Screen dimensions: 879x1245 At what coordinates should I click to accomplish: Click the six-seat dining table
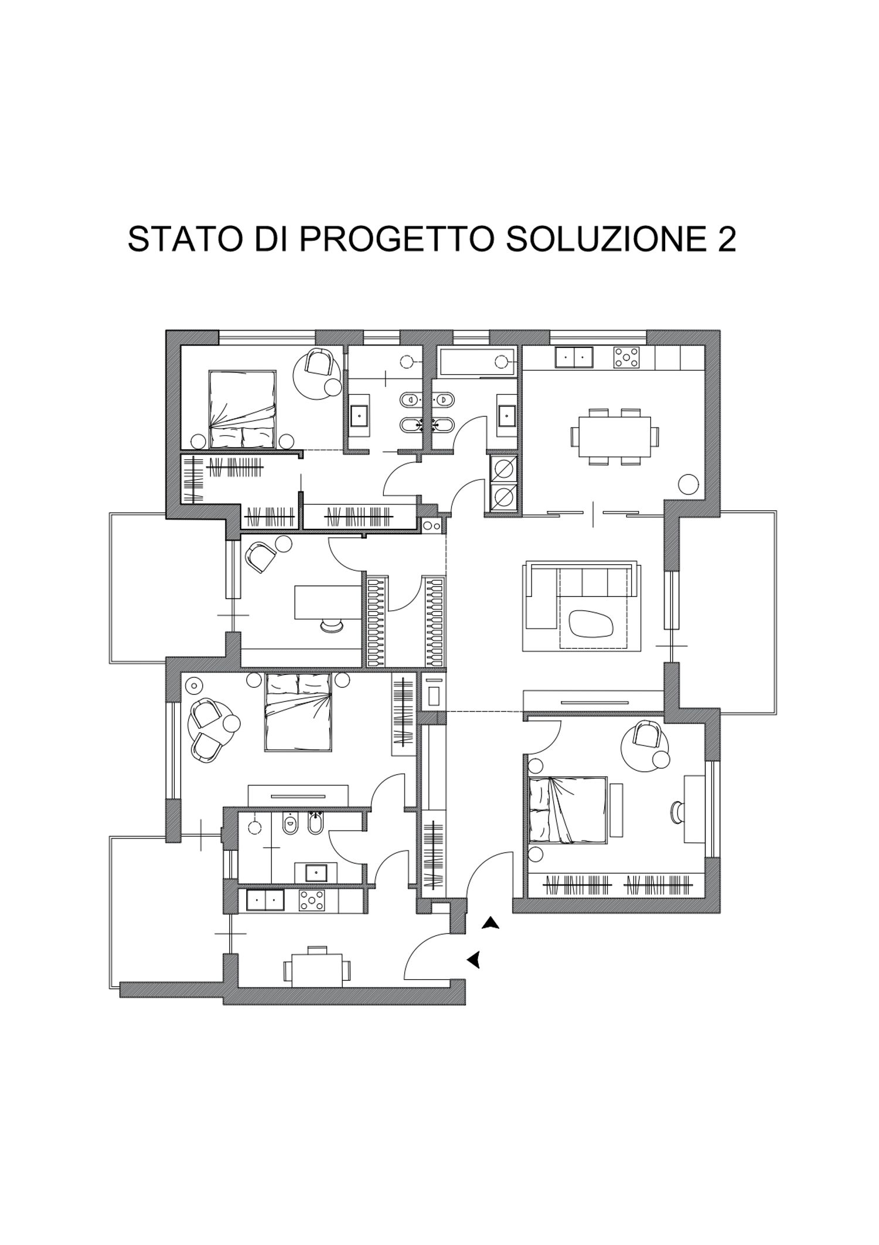tap(615, 436)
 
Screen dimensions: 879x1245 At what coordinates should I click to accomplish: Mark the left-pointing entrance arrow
tap(474, 959)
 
